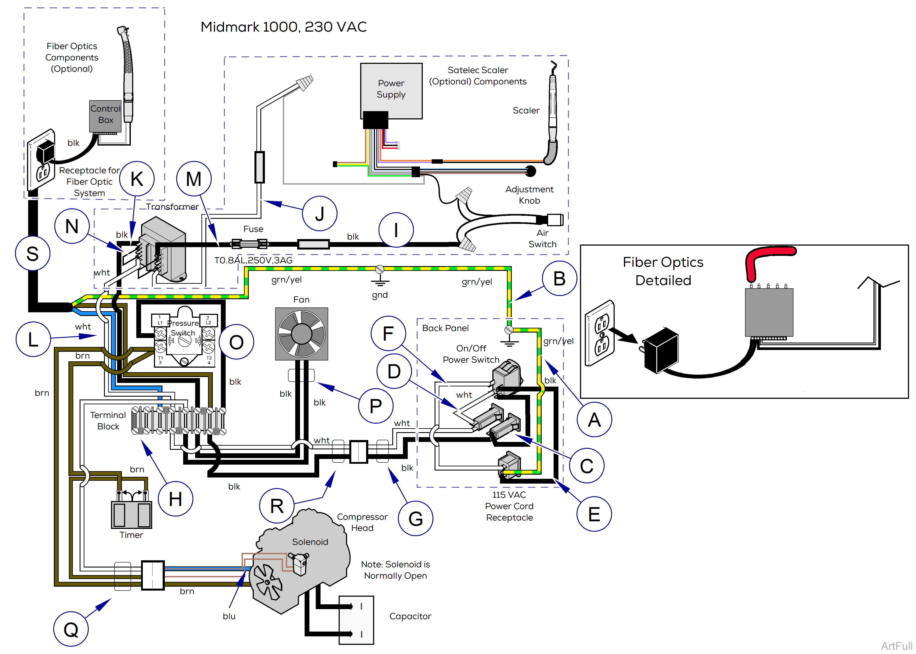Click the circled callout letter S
[x=33, y=254]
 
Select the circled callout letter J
[x=319, y=213]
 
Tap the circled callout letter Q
[x=71, y=629]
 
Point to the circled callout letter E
[x=594, y=514]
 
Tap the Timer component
[x=131, y=515]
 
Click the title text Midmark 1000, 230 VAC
[x=284, y=27]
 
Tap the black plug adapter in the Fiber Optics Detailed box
[x=661, y=350]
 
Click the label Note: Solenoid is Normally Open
[x=395, y=570]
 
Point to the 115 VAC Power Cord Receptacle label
[x=509, y=506]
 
